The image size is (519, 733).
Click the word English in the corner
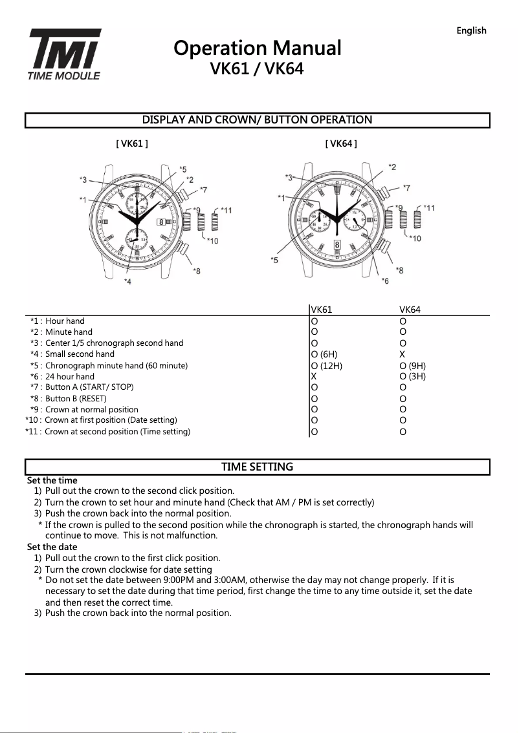coord(471,30)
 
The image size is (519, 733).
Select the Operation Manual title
coord(257,48)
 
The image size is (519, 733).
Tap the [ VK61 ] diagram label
coord(132,143)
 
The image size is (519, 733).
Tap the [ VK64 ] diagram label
coord(341,143)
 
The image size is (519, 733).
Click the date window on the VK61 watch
coord(161,222)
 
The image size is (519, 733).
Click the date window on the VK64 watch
coord(337,245)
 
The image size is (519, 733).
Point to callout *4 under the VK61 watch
coord(127,282)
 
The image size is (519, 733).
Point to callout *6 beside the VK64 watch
coord(386,281)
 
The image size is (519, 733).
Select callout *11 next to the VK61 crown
coord(226,210)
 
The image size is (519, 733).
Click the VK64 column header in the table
coord(410,310)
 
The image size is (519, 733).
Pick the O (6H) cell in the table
coord(324,354)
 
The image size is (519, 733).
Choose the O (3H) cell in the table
coord(412,376)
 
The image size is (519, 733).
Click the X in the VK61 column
coord(313,376)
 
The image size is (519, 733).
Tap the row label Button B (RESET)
coord(75,398)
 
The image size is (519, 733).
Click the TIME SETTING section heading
coord(257,467)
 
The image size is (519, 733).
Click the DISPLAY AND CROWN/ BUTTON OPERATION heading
coord(257,120)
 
